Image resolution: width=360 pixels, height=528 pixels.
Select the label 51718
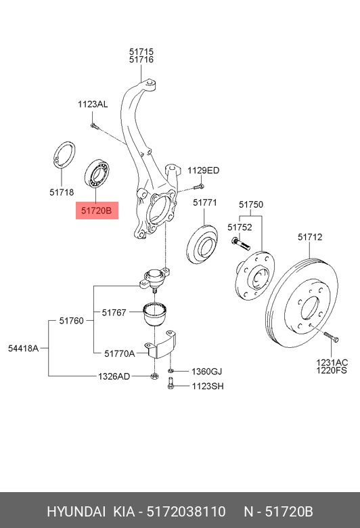pos(62,192)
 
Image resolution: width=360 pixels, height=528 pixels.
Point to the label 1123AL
pos(92,104)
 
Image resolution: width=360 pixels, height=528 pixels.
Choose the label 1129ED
pos(203,171)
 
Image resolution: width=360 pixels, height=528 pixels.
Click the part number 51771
pos(204,202)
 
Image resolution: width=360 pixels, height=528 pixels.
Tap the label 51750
pos(251,204)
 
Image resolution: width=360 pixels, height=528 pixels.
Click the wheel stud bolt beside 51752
pos(240,243)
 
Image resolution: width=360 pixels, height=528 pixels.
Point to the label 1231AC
pos(332,363)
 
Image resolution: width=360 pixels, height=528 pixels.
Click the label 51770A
pos(120,353)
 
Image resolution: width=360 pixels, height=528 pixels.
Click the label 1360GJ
pos(206,372)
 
